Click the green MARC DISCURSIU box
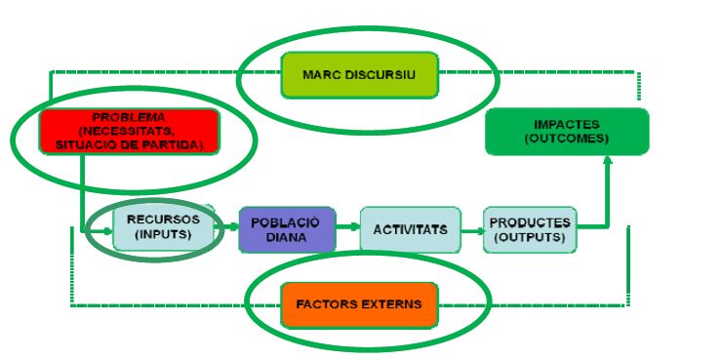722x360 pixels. pyautogui.click(x=360, y=75)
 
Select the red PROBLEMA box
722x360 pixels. pyautogui.click(x=130, y=131)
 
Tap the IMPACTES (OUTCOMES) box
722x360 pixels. pyautogui.click(x=567, y=131)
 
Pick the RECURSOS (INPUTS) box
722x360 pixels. pyautogui.click(x=164, y=228)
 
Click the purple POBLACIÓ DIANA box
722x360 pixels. pyautogui.click(x=287, y=229)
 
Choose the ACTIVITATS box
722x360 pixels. pyautogui.click(x=410, y=229)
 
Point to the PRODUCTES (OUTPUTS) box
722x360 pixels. pyautogui.click(x=530, y=229)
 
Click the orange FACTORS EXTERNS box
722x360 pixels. pyautogui.click(x=359, y=304)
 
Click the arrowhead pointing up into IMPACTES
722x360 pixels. pyautogui.click(x=608, y=160)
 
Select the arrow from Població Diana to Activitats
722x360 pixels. pyautogui.click(x=348, y=226)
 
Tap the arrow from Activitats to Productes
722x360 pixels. pyautogui.click(x=472, y=230)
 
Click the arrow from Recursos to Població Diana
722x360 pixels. pyautogui.click(x=227, y=226)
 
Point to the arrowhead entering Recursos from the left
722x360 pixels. pyautogui.click(x=108, y=231)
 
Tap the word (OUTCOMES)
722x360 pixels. pyautogui.click(x=566, y=139)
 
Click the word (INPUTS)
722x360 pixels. pyautogui.click(x=163, y=234)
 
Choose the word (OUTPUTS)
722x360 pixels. pyautogui.click(x=530, y=237)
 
